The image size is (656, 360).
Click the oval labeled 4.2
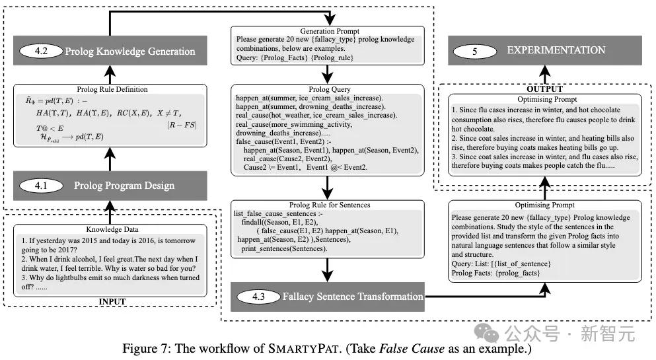[x=41, y=51]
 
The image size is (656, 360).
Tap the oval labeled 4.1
[x=41, y=186]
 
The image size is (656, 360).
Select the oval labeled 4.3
[x=258, y=297]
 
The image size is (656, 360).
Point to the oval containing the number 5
[x=475, y=52]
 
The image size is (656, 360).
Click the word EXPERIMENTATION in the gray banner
[x=556, y=50]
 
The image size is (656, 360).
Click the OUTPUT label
[x=545, y=89]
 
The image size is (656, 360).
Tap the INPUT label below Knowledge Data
[x=112, y=301]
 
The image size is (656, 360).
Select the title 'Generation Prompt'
[x=330, y=31]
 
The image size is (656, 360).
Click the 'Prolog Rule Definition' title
[x=112, y=89]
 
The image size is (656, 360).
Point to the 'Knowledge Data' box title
[x=112, y=229]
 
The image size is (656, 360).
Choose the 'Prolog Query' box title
[x=330, y=89]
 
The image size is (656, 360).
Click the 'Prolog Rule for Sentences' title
[x=330, y=205]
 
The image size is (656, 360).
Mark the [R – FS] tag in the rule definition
[x=182, y=125]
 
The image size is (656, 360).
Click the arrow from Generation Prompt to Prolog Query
[x=327, y=74]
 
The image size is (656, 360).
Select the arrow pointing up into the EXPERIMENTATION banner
[x=545, y=75]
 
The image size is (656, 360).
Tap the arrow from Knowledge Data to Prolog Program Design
[x=110, y=213]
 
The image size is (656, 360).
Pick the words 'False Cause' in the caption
[x=412, y=348]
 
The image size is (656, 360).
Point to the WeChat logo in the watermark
[x=487, y=333]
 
